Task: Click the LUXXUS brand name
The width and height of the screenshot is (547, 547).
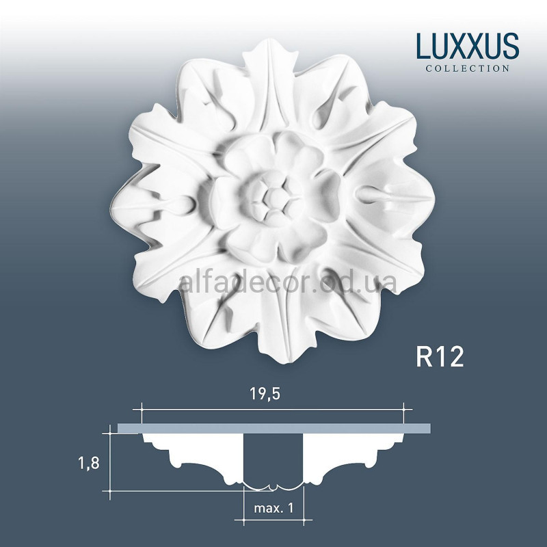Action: click(468, 46)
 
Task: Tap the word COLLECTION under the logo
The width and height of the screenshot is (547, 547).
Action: click(468, 68)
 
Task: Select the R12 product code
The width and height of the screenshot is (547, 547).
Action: click(440, 357)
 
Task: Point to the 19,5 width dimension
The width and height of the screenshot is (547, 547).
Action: click(265, 395)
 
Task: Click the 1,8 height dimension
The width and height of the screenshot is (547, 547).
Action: click(89, 464)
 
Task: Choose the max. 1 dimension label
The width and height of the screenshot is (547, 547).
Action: click(274, 508)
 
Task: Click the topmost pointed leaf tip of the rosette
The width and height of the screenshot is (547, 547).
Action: click(270, 40)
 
